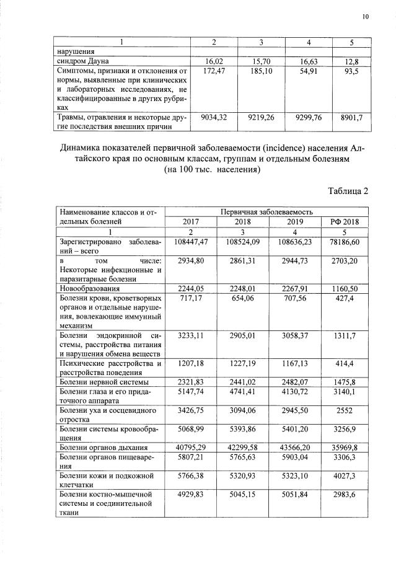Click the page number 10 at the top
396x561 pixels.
tap(366, 17)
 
